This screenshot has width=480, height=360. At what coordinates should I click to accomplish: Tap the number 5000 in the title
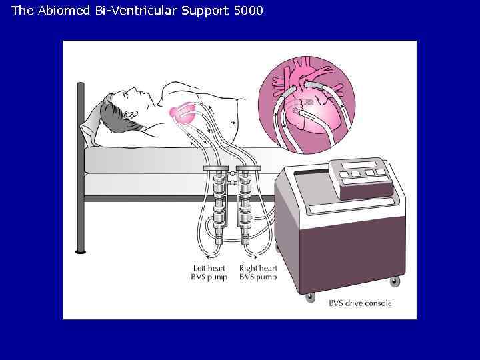coord(249,11)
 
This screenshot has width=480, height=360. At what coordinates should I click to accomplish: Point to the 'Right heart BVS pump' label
coord(259,273)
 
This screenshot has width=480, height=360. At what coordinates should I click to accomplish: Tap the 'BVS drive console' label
coord(360,303)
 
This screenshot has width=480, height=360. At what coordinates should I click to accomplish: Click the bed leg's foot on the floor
coord(81,251)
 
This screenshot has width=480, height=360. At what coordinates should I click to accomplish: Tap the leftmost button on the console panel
coord(344,175)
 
